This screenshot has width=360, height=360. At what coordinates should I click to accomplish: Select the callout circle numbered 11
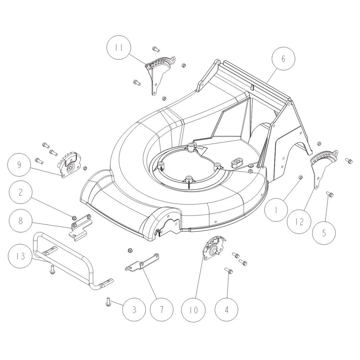(x=119, y=47)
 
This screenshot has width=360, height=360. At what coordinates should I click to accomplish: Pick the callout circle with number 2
(x=21, y=192)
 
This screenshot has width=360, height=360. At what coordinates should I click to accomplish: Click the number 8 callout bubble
(x=21, y=221)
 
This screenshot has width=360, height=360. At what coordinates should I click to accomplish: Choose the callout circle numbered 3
(x=134, y=310)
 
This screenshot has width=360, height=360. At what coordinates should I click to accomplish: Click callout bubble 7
(x=162, y=310)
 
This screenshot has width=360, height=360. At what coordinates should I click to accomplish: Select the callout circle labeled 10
(x=194, y=310)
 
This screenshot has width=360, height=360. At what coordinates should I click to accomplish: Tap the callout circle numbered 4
(x=226, y=310)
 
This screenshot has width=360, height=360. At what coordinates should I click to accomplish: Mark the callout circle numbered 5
(x=324, y=233)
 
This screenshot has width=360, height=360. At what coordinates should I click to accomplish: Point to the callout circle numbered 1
(x=276, y=209)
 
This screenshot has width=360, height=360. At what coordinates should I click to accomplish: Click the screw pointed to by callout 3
(x=108, y=301)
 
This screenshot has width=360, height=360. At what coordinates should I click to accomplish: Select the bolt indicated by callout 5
(x=330, y=194)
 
